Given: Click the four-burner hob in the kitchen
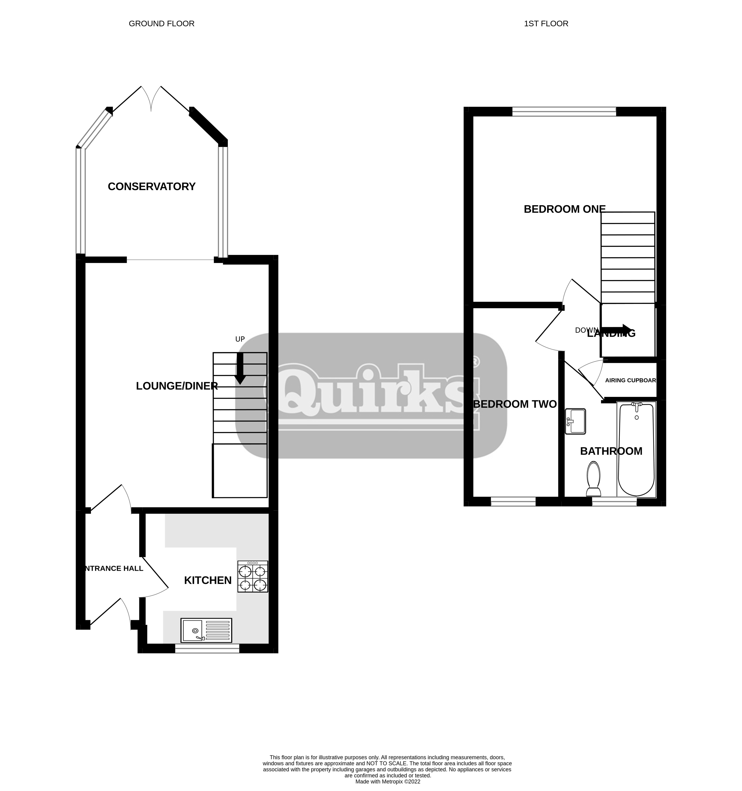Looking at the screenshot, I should click(252, 577).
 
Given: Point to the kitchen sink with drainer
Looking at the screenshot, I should click(206, 630).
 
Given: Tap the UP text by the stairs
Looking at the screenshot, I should click(240, 339).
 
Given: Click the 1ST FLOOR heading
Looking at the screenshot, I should click(546, 23).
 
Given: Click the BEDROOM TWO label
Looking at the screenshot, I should click(514, 404).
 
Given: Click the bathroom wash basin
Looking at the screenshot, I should click(575, 421).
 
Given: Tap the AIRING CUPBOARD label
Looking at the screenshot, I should click(630, 380).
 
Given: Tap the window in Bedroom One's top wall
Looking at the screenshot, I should click(564, 112).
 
